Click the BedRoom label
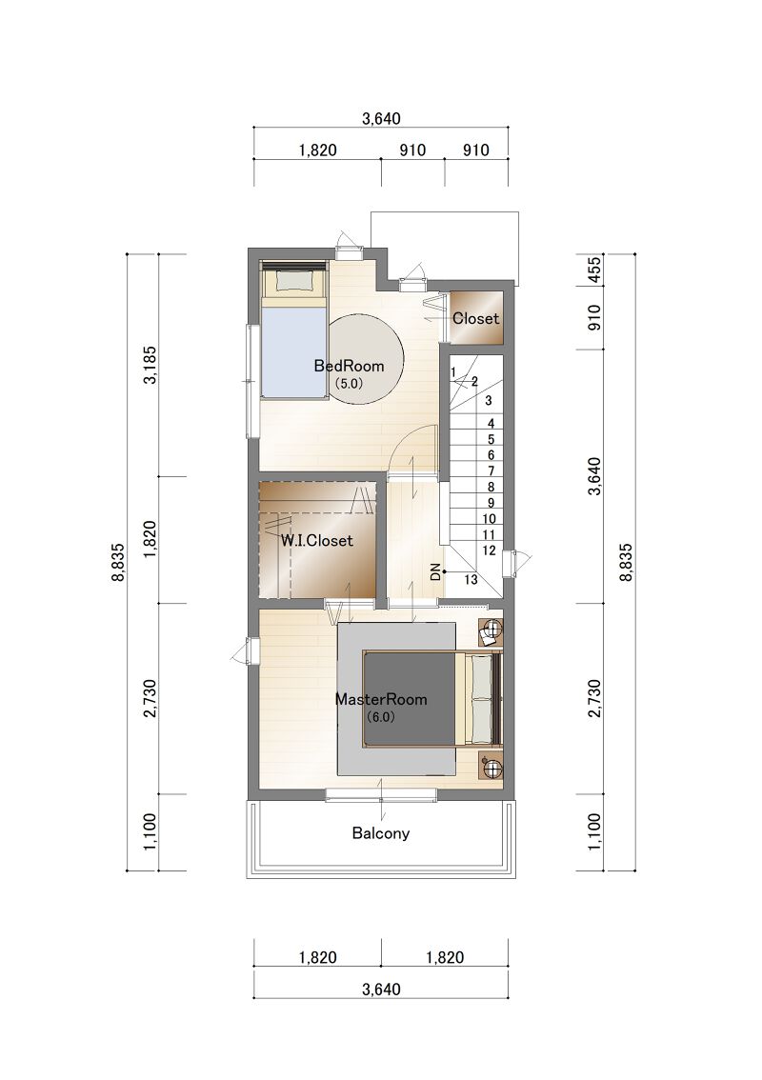point(349,366)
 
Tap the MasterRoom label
point(381,700)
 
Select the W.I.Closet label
point(317,541)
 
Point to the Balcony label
point(381,833)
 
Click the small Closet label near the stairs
point(476,319)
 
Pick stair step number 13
point(471,580)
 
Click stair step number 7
point(491,471)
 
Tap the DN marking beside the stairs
point(434,571)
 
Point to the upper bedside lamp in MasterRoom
point(491,630)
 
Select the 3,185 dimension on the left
point(150,365)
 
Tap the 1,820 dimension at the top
point(317,150)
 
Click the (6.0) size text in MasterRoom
point(380,717)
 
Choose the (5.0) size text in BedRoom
point(349,384)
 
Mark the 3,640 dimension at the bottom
point(381,990)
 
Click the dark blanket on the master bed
point(410,698)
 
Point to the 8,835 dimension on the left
point(118,563)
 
